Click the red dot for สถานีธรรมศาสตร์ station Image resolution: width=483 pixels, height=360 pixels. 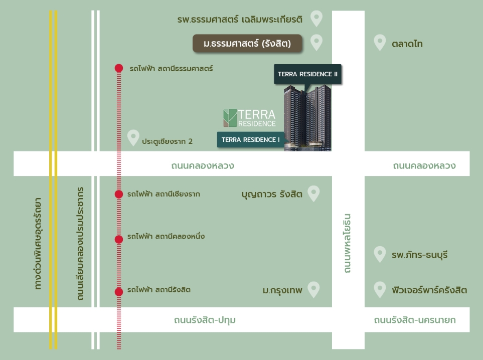pyautogui.click(x=119, y=68)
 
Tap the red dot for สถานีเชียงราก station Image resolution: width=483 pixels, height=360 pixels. pyautogui.click(x=119, y=194)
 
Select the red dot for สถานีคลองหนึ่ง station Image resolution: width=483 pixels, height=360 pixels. pyautogui.click(x=119, y=239)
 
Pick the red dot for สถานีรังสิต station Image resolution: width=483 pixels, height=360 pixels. pyautogui.click(x=119, y=292)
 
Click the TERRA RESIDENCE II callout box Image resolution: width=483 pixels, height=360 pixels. pyautogui.click(x=307, y=74)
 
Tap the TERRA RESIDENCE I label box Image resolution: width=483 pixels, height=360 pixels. pyautogui.click(x=250, y=139)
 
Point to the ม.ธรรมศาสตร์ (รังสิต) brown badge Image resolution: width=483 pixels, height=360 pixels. pyautogui.click(x=247, y=44)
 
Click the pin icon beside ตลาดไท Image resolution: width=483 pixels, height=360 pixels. pyautogui.click(x=380, y=43)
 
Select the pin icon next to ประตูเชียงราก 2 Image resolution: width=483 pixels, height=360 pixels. pyautogui.click(x=133, y=138)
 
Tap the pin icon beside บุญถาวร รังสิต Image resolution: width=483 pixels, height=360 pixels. pyautogui.click(x=313, y=194)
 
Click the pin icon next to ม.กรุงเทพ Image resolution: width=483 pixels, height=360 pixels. pyautogui.click(x=313, y=289)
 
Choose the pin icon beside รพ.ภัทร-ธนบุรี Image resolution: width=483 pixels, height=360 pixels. pyautogui.click(x=380, y=254)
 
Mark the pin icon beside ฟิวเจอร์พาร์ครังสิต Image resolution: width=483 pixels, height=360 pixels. pyautogui.click(x=380, y=289)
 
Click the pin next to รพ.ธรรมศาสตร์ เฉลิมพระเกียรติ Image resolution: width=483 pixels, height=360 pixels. pyautogui.click(x=316, y=19)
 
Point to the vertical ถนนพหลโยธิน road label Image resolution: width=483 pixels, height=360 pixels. pyautogui.click(x=347, y=243)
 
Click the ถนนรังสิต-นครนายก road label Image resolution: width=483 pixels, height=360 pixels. pyautogui.click(x=415, y=320)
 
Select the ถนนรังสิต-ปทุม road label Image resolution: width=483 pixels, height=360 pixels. pyautogui.click(x=205, y=320)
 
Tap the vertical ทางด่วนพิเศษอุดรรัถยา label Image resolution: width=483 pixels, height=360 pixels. pyautogui.click(x=38, y=244)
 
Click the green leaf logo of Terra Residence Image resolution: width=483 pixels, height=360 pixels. pyautogui.click(x=230, y=118)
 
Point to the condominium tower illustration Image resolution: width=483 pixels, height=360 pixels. pyautogui.click(x=307, y=118)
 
